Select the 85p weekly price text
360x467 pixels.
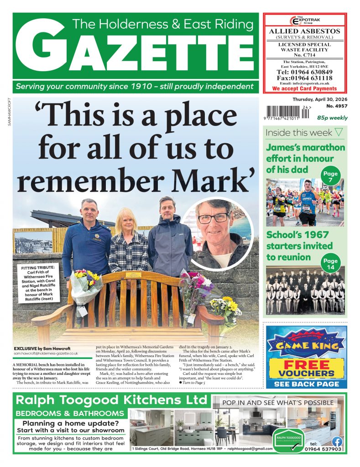(x=332, y=118)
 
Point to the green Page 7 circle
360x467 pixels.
(x=330, y=176)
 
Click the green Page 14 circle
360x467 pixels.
(x=330, y=265)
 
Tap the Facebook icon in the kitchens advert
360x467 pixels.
(x=337, y=441)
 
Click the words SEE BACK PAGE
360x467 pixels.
(x=307, y=384)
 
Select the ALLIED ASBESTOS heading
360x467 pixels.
(x=304, y=31)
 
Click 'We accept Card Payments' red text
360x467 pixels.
(x=304, y=88)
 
